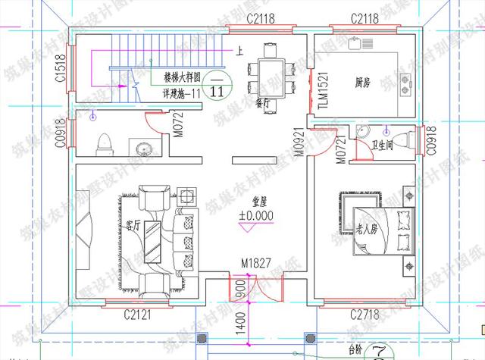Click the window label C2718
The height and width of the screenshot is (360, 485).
pos(365,313)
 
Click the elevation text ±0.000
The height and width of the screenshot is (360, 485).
pos(256,216)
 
